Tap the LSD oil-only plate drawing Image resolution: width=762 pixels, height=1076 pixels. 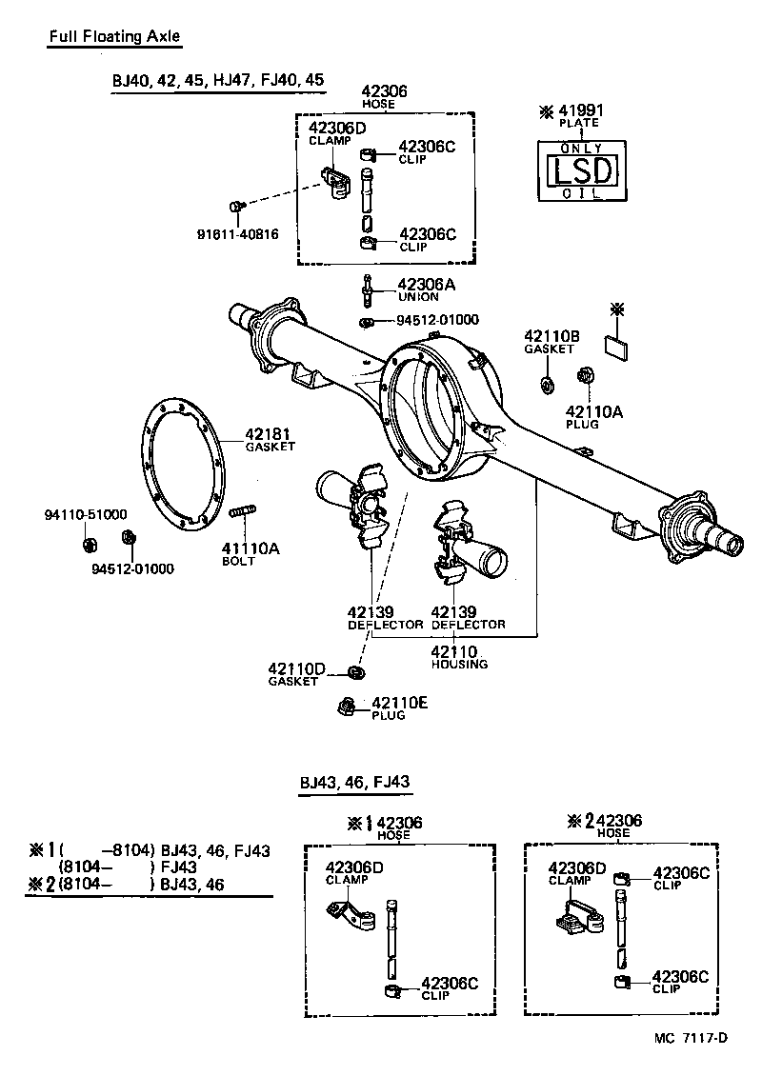[x=581, y=171]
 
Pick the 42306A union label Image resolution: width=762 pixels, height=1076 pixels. [x=426, y=284]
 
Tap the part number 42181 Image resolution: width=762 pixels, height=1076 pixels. [x=271, y=433]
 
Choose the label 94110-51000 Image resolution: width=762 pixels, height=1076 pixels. [x=86, y=514]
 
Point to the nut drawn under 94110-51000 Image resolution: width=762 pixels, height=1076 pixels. [x=90, y=545]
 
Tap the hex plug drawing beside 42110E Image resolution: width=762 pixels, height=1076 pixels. [x=347, y=706]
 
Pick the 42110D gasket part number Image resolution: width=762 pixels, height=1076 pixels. [x=296, y=669]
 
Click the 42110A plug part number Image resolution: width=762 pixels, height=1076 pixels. [x=593, y=411]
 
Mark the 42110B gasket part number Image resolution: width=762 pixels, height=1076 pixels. [x=551, y=336]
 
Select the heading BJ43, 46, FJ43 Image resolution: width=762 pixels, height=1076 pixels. [x=354, y=782]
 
